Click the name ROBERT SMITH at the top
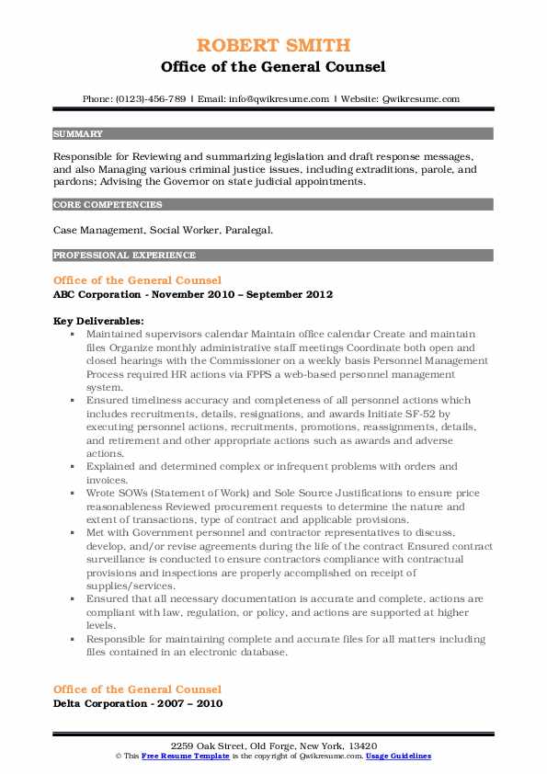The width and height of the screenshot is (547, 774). point(273,46)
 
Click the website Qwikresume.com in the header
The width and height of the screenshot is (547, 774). point(420,98)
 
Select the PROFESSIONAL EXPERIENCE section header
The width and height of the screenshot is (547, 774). point(124,255)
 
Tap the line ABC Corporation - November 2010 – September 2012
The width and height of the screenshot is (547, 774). point(192,294)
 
